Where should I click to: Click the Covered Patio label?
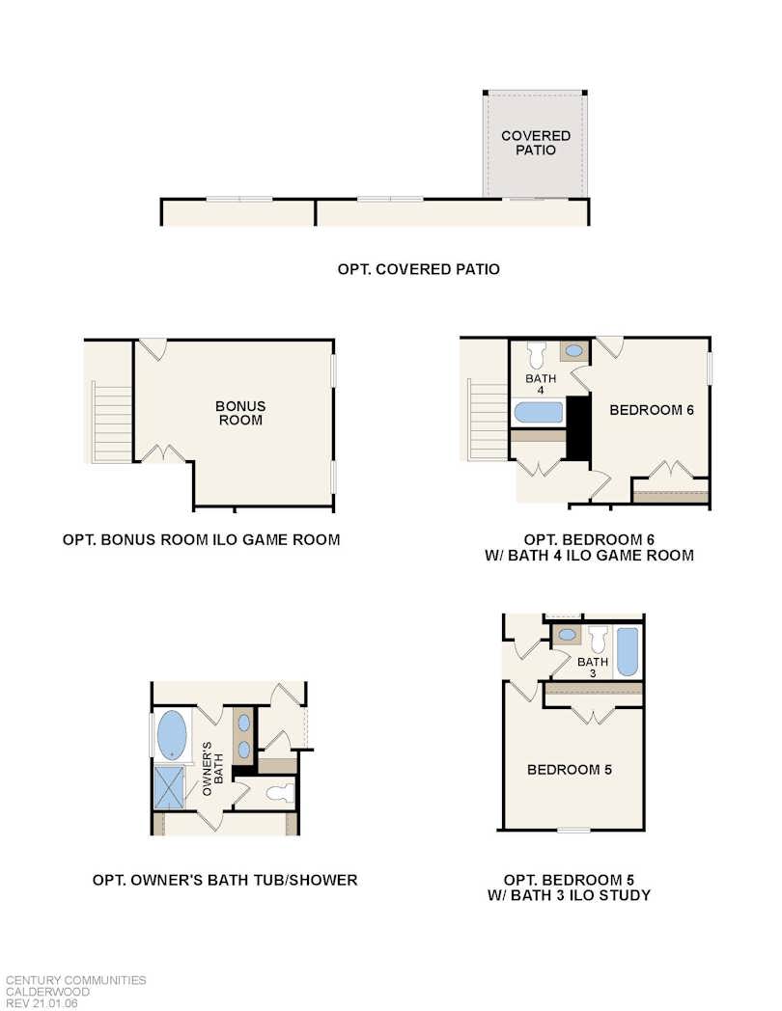pyautogui.click(x=535, y=143)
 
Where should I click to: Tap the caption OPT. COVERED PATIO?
pyautogui.click(x=418, y=269)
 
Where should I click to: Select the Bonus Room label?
pyautogui.click(x=240, y=413)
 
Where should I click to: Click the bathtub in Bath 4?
pyautogui.click(x=538, y=413)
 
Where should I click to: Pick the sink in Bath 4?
pyautogui.click(x=573, y=352)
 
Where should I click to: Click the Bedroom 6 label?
pyautogui.click(x=652, y=410)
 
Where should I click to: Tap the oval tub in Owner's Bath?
pyautogui.click(x=173, y=735)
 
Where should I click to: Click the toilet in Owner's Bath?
pyautogui.click(x=278, y=793)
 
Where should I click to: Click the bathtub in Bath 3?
pyautogui.click(x=627, y=652)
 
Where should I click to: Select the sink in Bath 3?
pyautogui.click(x=568, y=635)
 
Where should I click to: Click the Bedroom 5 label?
pyautogui.click(x=569, y=770)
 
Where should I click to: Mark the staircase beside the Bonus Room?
pyautogui.click(x=111, y=423)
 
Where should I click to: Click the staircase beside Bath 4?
pyautogui.click(x=487, y=422)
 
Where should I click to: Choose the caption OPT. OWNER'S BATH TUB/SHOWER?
pyautogui.click(x=225, y=880)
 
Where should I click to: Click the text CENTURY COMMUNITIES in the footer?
pyautogui.click(x=76, y=980)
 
